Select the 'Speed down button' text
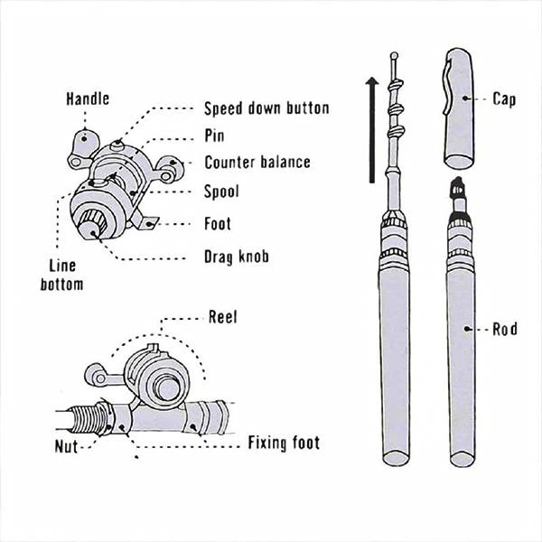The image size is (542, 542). pos(266,109)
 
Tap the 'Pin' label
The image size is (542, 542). pos(215,135)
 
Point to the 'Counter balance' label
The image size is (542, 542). pos(257,163)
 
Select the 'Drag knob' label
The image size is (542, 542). pos(237,257)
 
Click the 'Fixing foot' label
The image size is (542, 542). pos(284,444)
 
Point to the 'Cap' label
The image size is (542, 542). pos(505,98)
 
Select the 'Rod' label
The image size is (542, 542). pos(505,329)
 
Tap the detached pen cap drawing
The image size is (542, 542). pos(463,108)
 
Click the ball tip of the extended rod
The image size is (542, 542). pos(395,56)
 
